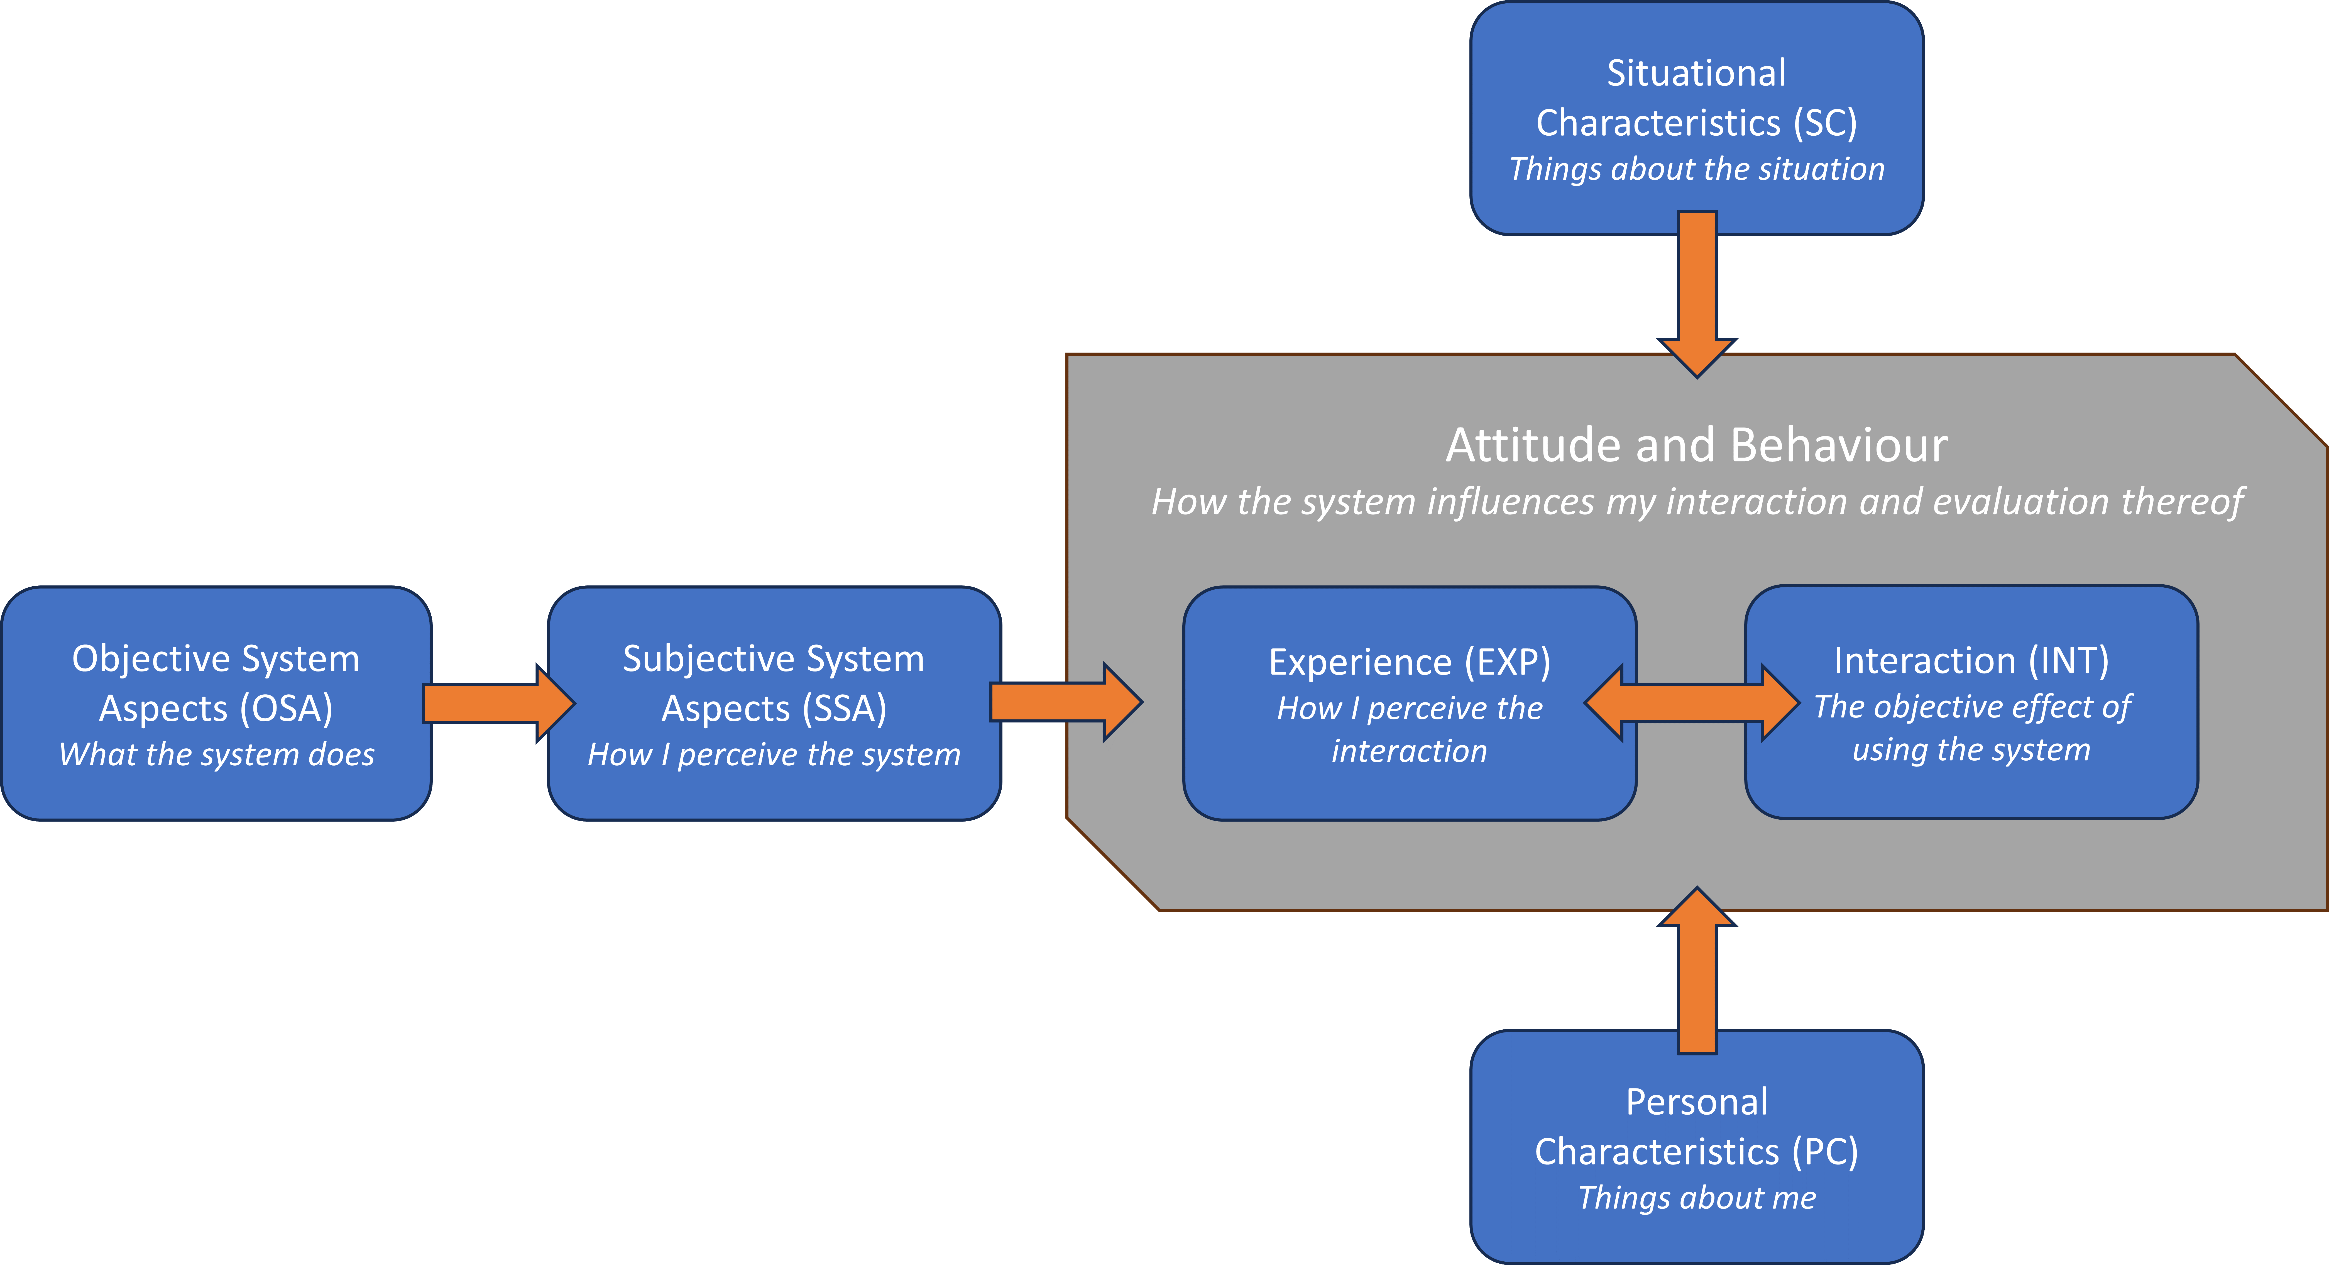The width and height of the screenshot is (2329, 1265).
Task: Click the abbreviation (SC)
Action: coord(1825,122)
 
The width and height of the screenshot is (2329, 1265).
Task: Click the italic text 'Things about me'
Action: coord(1697,1197)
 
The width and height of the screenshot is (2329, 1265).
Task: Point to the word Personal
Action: coord(1697,1101)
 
